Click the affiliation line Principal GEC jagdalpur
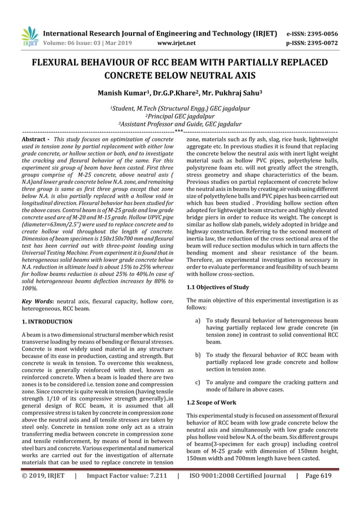180,116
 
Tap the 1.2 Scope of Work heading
212,402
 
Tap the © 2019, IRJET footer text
41,492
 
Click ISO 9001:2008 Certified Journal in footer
236,492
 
